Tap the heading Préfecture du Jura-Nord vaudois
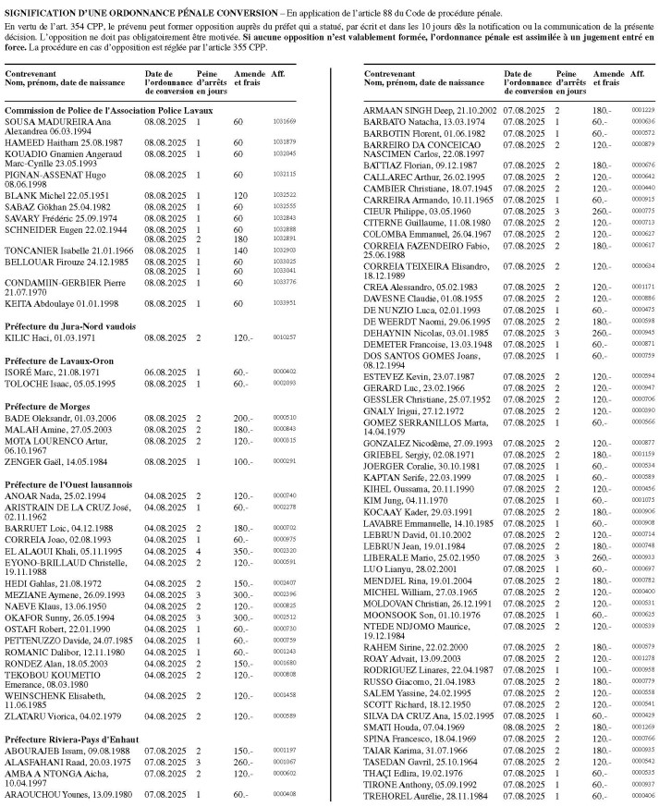point(70,326)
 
